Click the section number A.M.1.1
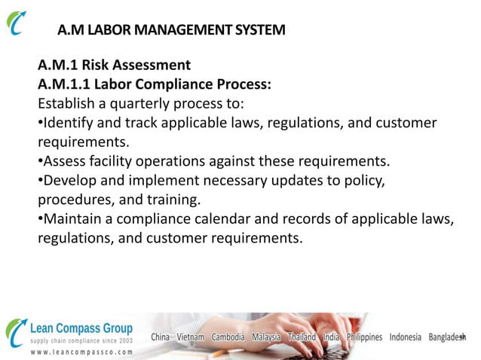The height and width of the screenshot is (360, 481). [x=66, y=84]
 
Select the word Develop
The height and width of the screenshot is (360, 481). [x=72, y=181]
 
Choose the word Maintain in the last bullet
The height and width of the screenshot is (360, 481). [x=73, y=219]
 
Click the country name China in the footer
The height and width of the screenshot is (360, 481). [x=161, y=337]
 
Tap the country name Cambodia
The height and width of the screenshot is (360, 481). [x=228, y=337]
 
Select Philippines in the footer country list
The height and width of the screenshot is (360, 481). [x=364, y=337]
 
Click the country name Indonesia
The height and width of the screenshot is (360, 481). [x=406, y=337]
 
